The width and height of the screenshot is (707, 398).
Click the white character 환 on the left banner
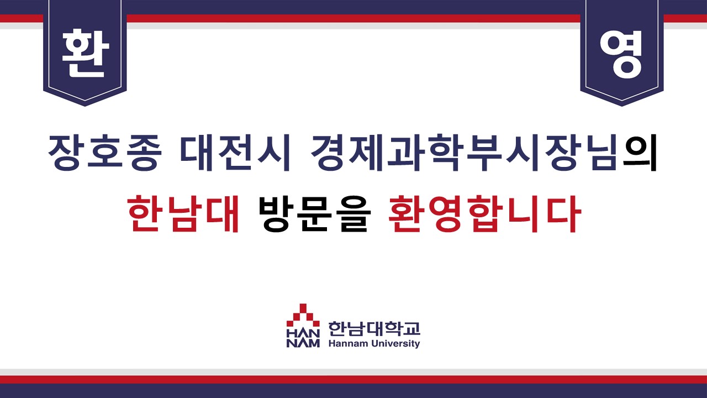85,53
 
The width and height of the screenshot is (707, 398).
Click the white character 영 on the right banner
621,54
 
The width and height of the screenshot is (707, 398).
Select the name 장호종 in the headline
105,153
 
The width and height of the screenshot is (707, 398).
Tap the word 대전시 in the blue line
235,153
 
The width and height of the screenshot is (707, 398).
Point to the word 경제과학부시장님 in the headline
464,153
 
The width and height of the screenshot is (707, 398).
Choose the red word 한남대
183,213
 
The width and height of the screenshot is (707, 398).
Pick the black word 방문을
314,213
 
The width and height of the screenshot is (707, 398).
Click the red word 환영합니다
484,213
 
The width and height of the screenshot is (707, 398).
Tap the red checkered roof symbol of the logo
303,316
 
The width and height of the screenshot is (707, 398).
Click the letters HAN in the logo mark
303,333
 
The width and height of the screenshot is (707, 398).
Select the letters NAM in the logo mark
303,343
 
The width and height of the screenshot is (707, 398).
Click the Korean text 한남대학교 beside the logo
374,329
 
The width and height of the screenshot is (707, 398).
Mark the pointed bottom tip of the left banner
85,106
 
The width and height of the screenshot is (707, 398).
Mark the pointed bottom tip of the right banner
622,106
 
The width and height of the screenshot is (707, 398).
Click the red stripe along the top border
353,18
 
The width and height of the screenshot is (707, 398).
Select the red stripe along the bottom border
353,379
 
